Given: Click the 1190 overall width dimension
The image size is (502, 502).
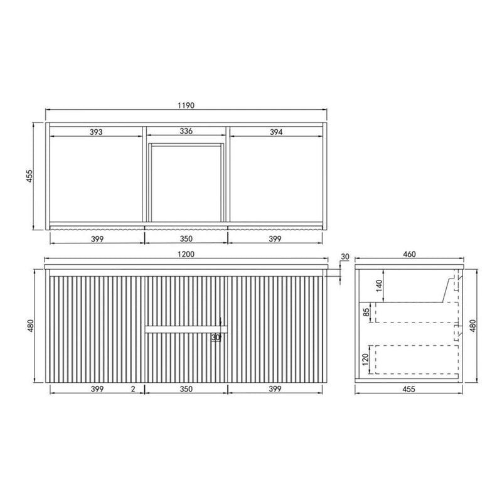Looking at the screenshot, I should click(186, 105).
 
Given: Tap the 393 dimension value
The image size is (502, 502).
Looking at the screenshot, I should click(95, 132).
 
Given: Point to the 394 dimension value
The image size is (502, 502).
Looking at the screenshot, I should click(277, 132).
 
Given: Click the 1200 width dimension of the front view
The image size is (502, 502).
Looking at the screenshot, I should click(186, 254).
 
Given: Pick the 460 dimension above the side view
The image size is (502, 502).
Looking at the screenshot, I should click(409, 254).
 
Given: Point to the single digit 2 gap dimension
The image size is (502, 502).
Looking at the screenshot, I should click(134, 389).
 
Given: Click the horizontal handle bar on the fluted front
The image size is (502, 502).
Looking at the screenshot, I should click(186, 328).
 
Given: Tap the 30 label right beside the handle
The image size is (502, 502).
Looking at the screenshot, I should click(216, 338).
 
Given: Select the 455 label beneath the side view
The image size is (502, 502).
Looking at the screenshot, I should click(409, 389).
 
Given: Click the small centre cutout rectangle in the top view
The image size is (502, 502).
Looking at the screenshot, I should click(186, 182).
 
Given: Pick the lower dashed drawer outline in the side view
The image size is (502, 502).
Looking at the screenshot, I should click(412, 359).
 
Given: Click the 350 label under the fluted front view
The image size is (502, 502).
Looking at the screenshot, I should click(186, 389).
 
